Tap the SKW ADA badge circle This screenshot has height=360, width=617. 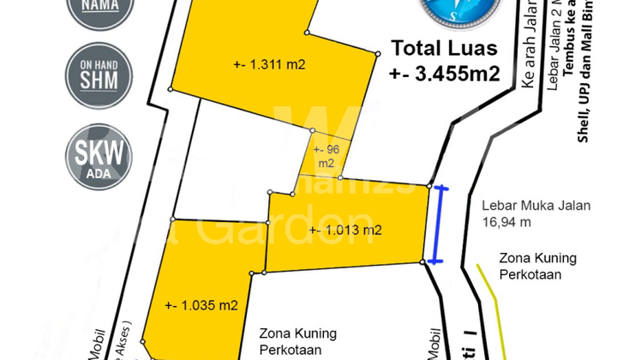pos(99,158)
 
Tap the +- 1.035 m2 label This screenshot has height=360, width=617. pos(201,304)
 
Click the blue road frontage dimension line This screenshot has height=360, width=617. pos(440,224)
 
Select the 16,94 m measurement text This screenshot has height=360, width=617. pos(506,222)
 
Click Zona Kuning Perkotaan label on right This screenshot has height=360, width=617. pos(539,265)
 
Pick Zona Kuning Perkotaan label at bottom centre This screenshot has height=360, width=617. pos(298,341)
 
